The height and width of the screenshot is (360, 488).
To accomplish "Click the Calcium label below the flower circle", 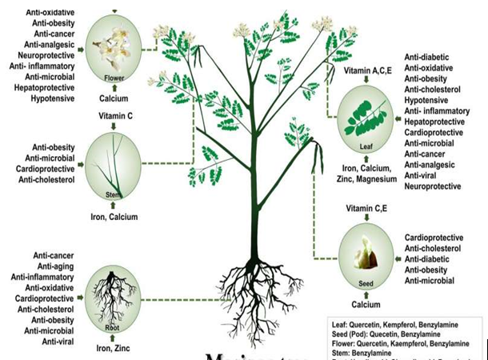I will (x=114, y=98).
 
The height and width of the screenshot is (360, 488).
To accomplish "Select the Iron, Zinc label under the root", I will (x=113, y=348).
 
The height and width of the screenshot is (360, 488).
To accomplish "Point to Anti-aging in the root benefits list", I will (x=54, y=266).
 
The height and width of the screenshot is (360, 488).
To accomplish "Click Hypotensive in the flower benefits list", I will (x=52, y=99).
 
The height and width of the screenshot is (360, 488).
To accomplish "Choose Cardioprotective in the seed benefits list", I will (x=434, y=238).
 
